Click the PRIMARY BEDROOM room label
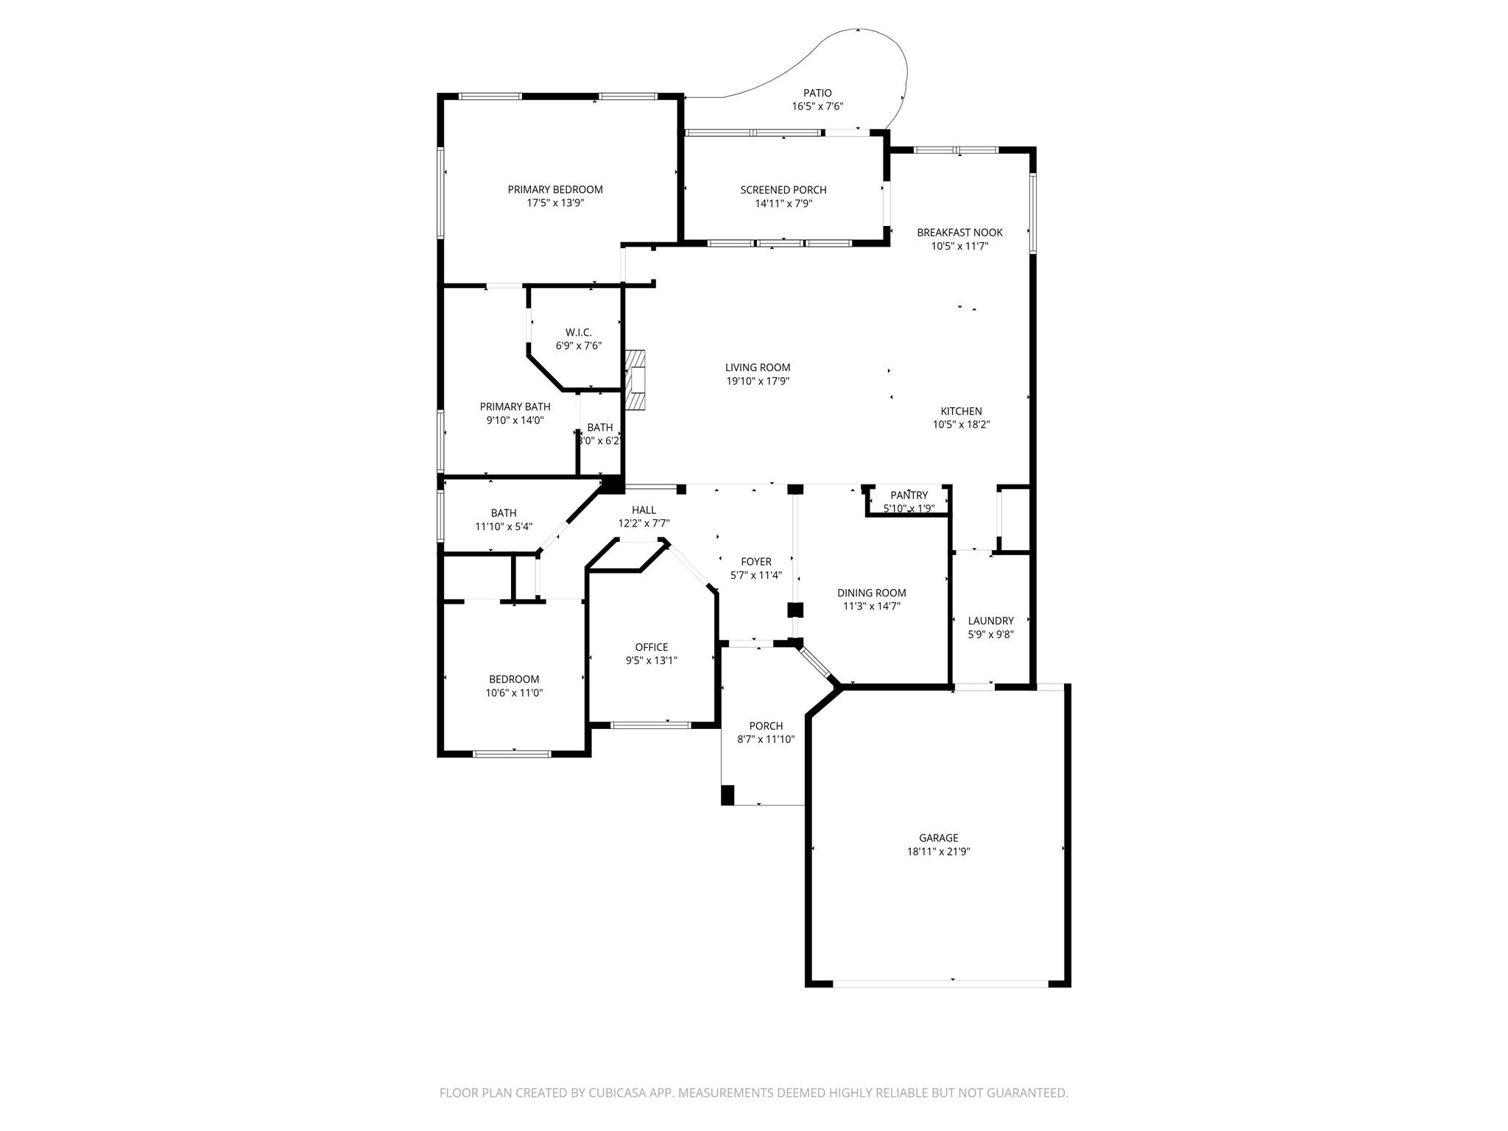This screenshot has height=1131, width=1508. click(554, 189)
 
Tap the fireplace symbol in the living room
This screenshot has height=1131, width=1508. click(635, 379)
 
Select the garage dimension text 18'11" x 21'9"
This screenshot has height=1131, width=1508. click(938, 851)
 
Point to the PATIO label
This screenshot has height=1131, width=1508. click(817, 93)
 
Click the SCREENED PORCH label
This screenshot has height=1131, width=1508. click(783, 190)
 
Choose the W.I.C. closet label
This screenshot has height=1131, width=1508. click(578, 332)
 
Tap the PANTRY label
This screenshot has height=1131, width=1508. click(909, 496)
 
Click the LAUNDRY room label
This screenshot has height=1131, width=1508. click(990, 621)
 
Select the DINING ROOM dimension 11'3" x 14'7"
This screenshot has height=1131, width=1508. click(872, 606)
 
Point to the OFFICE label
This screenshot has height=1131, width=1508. click(651, 647)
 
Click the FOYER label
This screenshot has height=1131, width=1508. click(755, 562)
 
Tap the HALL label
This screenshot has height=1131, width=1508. click(644, 510)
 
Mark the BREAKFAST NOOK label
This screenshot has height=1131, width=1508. click(959, 233)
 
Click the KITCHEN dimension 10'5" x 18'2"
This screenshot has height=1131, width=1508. click(961, 424)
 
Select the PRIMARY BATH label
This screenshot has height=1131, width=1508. click(515, 406)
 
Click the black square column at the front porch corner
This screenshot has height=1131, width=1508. click(727, 795)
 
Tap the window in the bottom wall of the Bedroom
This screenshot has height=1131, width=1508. click(512, 753)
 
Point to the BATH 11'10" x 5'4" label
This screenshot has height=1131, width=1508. click(504, 513)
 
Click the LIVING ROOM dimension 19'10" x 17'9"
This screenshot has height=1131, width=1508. click(758, 381)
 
